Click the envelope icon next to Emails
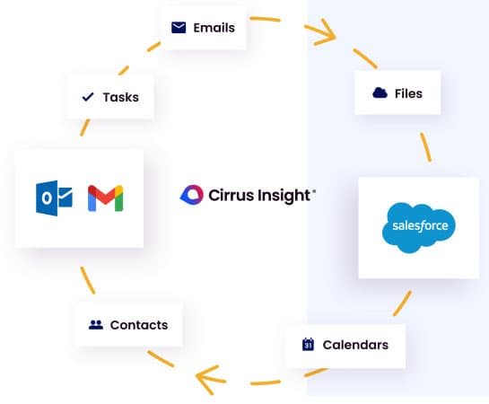pyautogui.click(x=179, y=28)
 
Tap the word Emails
pyautogui.click(x=214, y=28)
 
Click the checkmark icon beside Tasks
pyautogui.click(x=88, y=97)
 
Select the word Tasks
pyautogui.click(x=120, y=97)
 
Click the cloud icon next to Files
pyautogui.click(x=380, y=93)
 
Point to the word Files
pyautogui.click(x=408, y=93)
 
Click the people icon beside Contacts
pyautogui.click(x=95, y=325)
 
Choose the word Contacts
pyautogui.click(x=138, y=325)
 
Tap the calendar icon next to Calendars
pyautogui.click(x=307, y=345)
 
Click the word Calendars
pyautogui.click(x=355, y=345)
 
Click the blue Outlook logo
pyautogui.click(x=53, y=198)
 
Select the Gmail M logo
pyautogui.click(x=105, y=198)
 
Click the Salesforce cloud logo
pyautogui.click(x=419, y=227)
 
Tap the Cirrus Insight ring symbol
pyautogui.click(x=193, y=194)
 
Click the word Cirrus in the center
pyautogui.click(x=231, y=194)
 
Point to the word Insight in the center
pyautogui.click(x=286, y=194)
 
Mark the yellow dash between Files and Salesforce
pyautogui.click(x=424, y=147)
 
